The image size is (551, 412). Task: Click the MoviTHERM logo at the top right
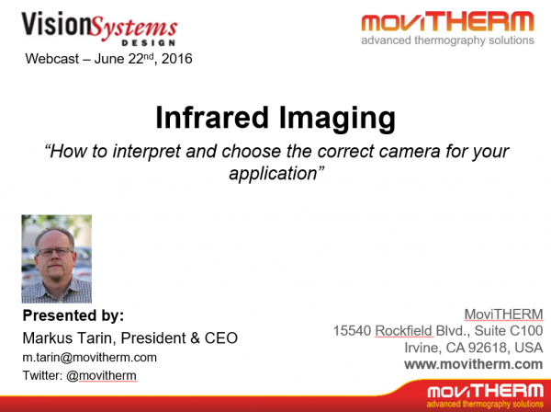[x=446, y=28]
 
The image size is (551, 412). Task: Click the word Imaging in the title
[x=337, y=118]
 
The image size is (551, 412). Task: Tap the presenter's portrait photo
[x=56, y=258]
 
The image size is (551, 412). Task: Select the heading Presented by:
[x=73, y=315]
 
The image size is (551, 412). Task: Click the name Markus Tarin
[x=70, y=338]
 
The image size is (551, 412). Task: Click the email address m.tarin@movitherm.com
[x=89, y=357]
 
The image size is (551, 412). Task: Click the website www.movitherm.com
[x=473, y=363]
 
